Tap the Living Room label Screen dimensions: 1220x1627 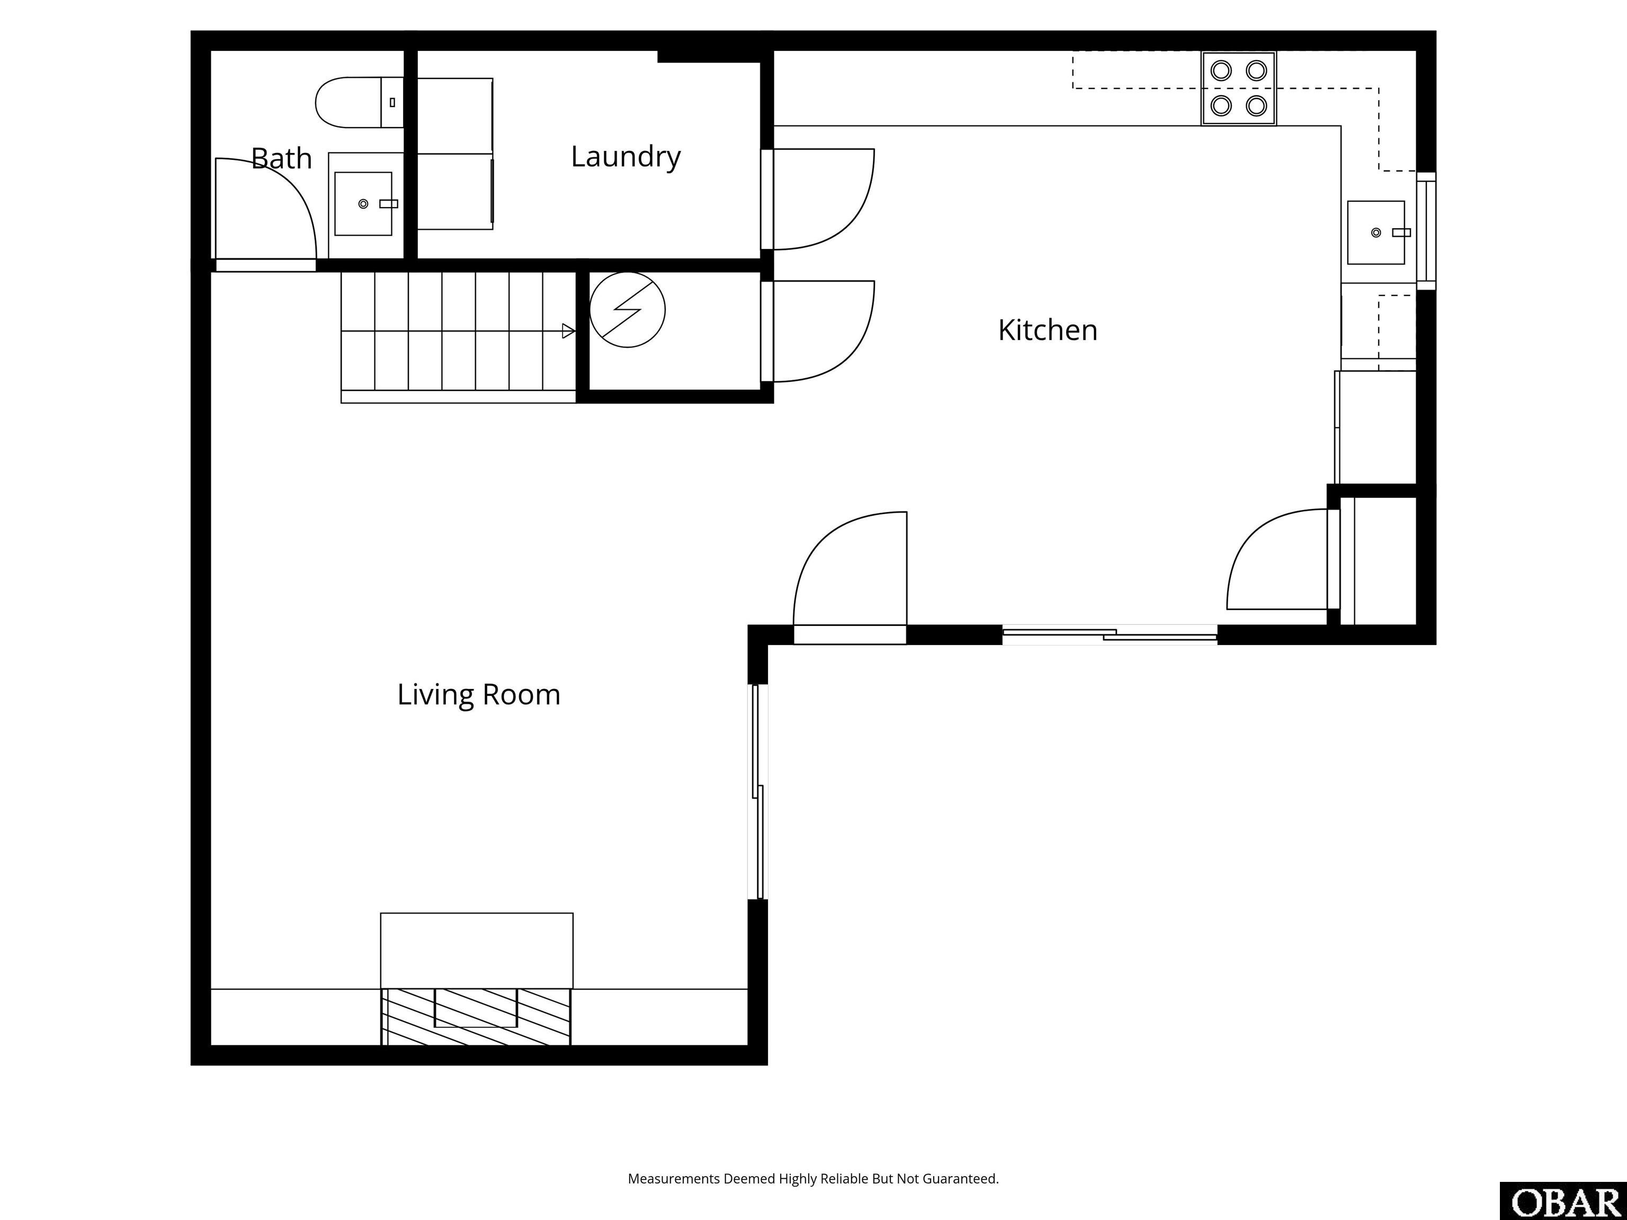point(478,695)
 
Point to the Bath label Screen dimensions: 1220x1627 point(281,159)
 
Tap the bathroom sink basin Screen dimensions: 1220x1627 point(363,204)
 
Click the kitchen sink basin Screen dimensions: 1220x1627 point(1375,232)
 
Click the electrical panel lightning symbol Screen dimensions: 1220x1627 point(628,310)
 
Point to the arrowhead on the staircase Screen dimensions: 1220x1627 point(568,331)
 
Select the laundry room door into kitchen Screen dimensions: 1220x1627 point(824,199)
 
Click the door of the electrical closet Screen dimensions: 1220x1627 point(824,331)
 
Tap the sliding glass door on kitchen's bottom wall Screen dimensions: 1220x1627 point(1109,635)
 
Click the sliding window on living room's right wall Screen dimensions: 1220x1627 point(757,791)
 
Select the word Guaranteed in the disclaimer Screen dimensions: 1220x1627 point(961,1178)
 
